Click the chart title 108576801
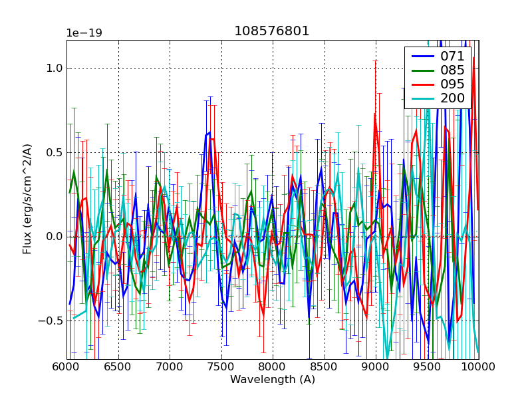[x=272, y=31]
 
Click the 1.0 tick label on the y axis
[x=54, y=68]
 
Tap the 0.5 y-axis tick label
[x=54, y=152]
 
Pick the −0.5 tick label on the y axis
[x=51, y=321]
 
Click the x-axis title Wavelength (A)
[x=273, y=380]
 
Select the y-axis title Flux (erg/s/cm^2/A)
[x=27, y=199]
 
